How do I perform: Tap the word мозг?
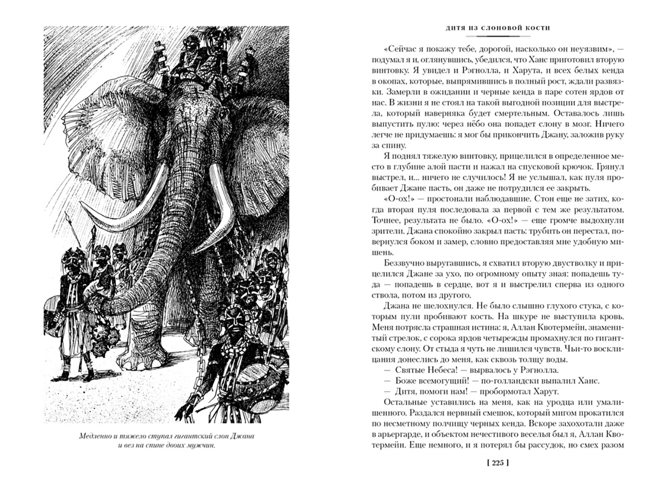pos(575,124)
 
